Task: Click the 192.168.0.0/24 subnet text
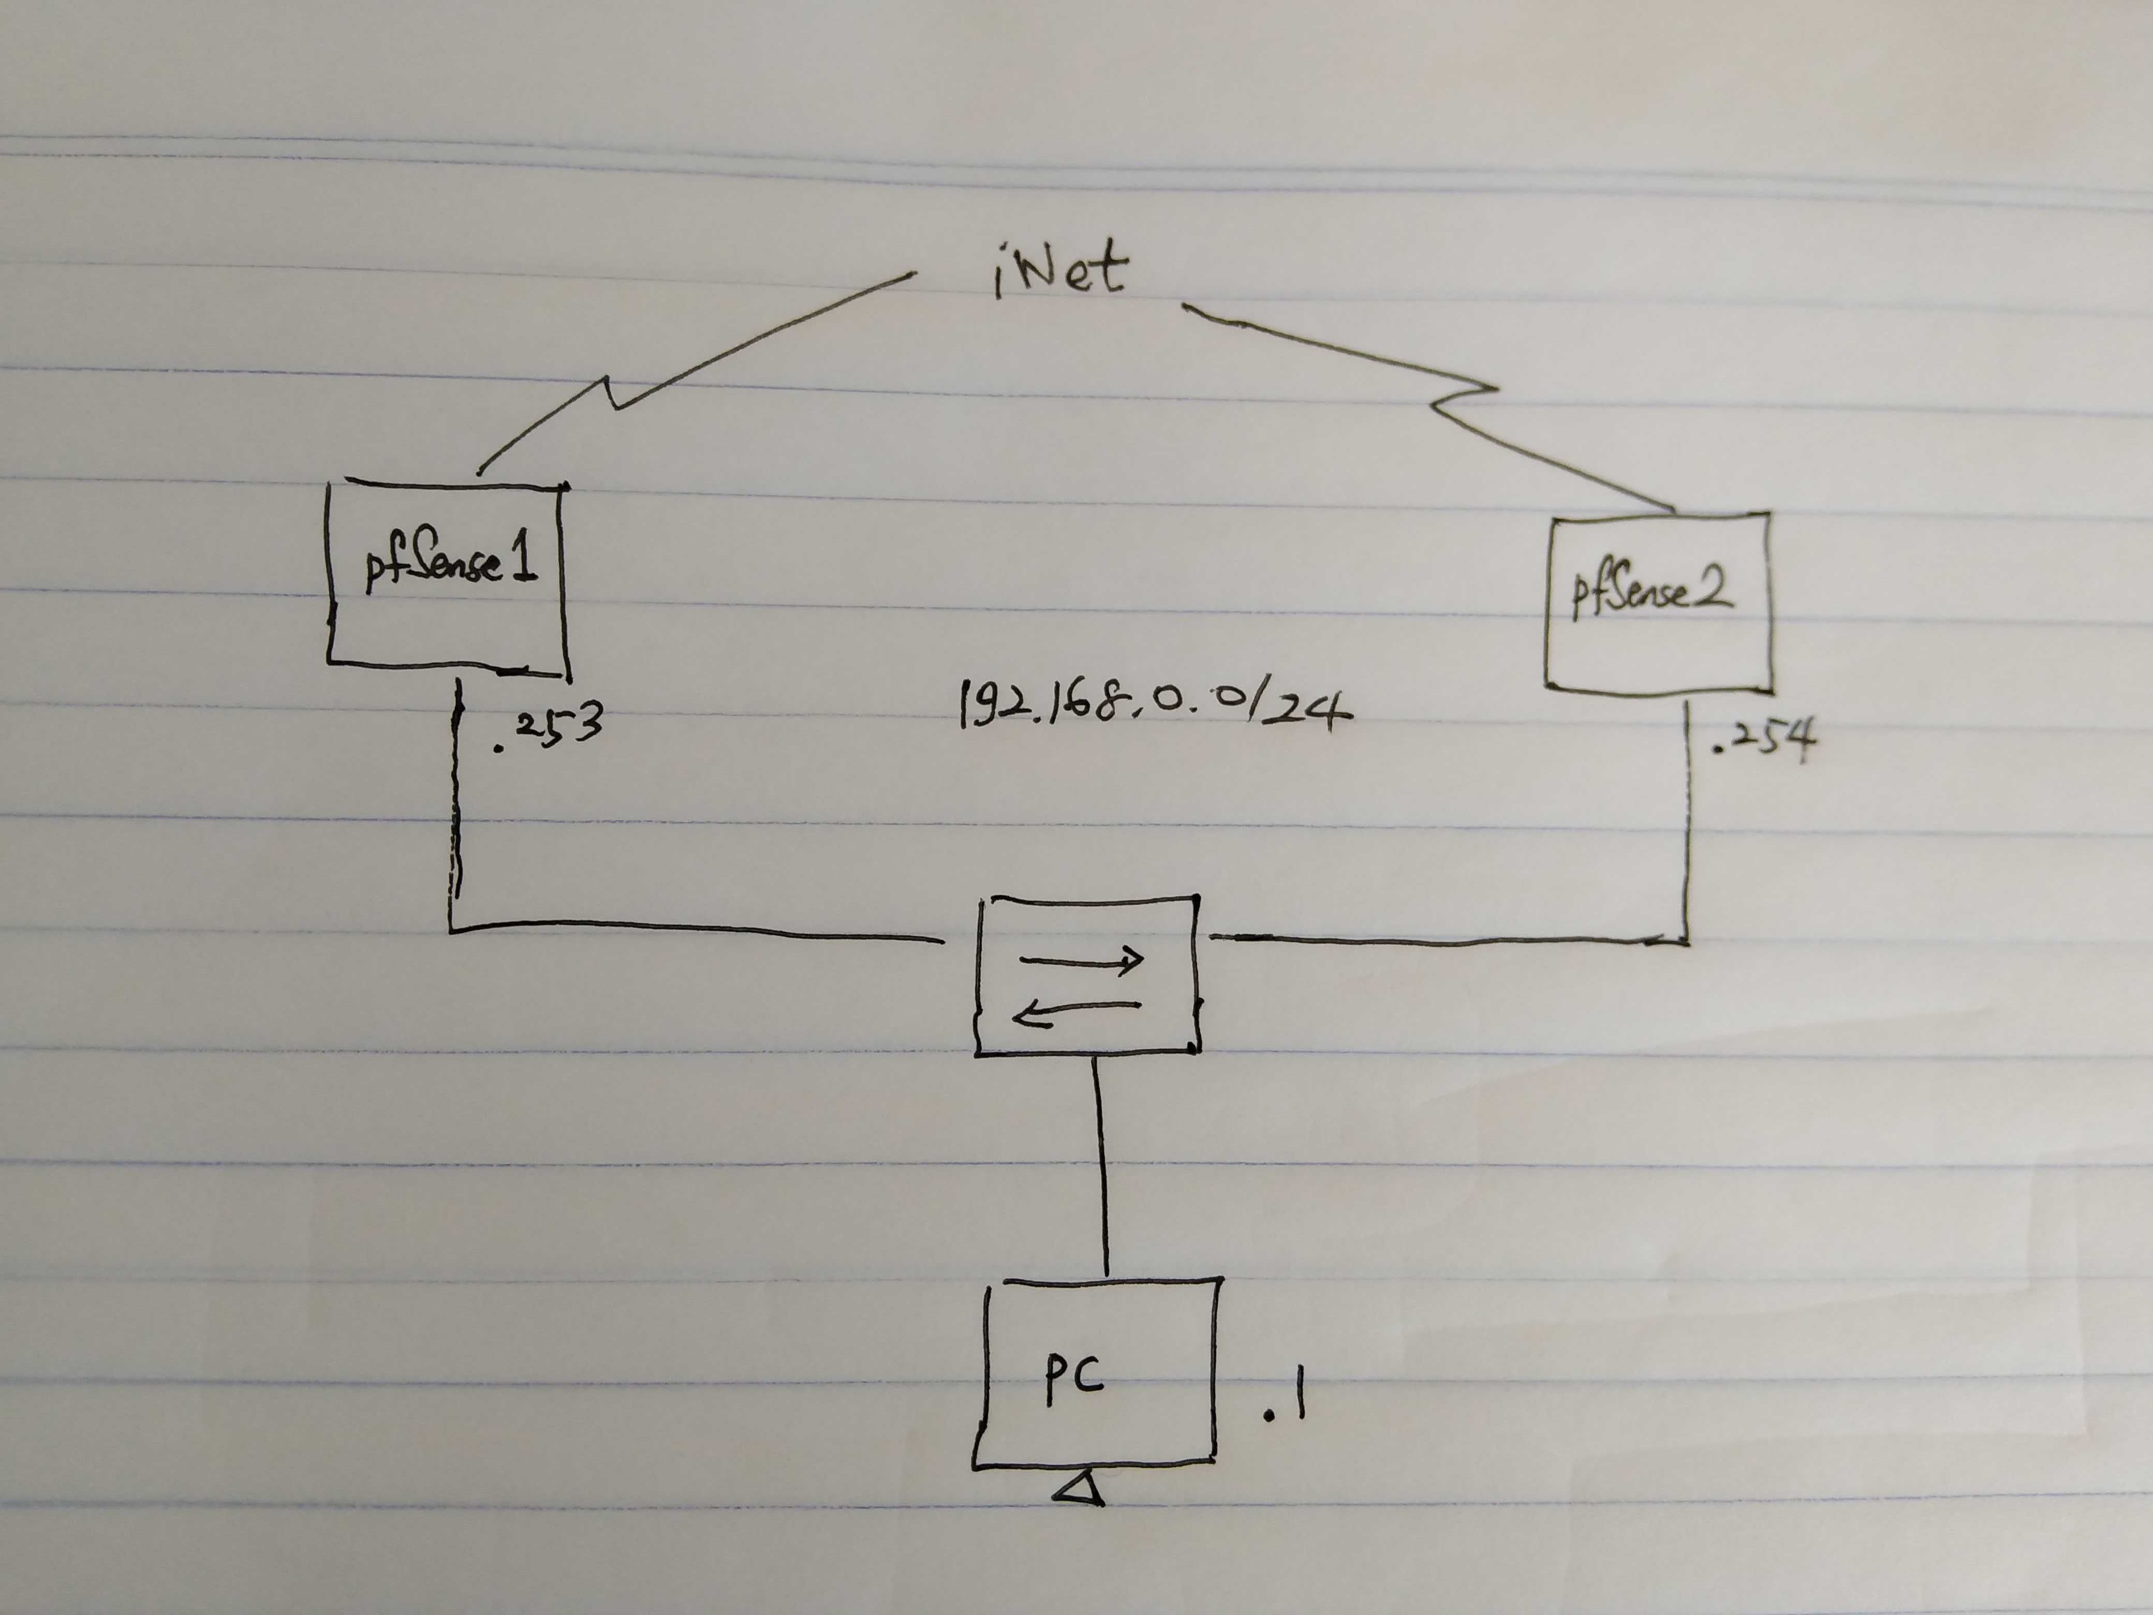1154,706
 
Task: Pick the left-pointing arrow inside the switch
1075,1012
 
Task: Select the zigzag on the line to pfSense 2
1465,397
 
